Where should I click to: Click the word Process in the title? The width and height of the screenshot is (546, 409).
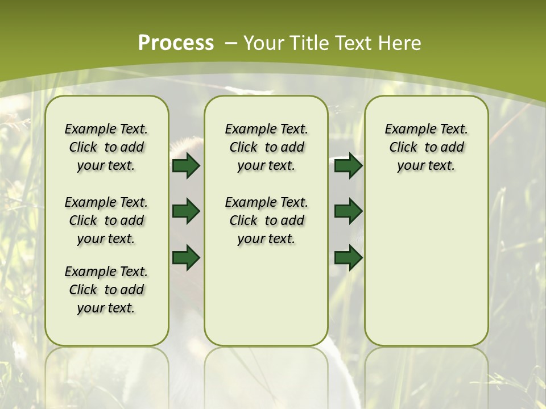coord(176,43)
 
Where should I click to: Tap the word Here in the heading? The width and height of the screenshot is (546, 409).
coord(400,43)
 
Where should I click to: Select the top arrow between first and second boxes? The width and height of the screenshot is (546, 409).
coord(186,166)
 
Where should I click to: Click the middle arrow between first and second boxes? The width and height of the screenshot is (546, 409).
coord(186,211)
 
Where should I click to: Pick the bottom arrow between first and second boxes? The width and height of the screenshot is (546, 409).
coord(186,257)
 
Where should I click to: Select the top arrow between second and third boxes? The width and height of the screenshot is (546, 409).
coord(348,166)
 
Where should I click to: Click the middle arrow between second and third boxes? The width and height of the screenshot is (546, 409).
coord(348,211)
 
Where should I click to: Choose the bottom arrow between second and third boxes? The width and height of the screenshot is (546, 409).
coord(348,257)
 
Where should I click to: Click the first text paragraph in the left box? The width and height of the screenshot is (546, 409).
coord(106,147)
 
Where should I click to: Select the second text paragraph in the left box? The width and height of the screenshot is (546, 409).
coord(106,220)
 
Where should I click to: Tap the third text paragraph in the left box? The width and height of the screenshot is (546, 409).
coord(106,290)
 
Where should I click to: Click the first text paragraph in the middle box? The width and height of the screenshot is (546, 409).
coord(266,147)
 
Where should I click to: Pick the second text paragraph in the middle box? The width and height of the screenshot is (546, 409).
coord(266,220)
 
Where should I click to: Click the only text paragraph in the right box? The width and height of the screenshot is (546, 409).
coord(426,147)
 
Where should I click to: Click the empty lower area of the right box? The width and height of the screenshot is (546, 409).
coord(426,267)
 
